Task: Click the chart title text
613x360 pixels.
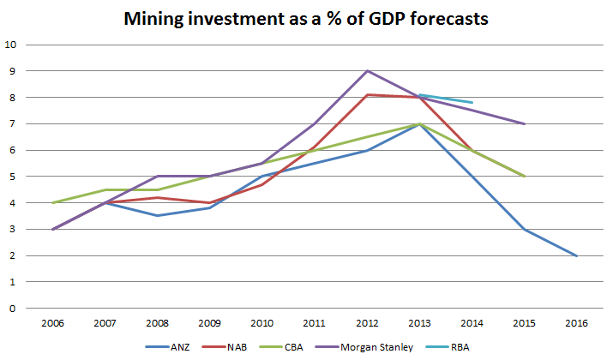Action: click(306, 19)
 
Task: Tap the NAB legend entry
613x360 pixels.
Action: click(237, 348)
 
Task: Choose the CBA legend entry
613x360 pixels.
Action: click(297, 348)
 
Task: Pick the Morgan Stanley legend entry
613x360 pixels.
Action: click(377, 348)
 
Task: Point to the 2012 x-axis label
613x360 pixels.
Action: click(368, 324)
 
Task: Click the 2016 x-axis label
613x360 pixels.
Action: click(576, 324)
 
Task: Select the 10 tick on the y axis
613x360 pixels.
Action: click(9, 45)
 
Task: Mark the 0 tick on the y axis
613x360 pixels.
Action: click(12, 309)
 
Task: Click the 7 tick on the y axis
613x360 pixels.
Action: click(12, 124)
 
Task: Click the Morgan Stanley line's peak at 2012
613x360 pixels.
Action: click(368, 71)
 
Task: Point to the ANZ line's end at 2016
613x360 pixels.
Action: click(576, 255)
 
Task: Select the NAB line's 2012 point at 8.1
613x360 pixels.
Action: click(368, 95)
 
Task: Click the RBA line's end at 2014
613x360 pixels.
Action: click(472, 103)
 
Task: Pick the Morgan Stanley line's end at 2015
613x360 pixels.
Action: click(524, 124)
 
